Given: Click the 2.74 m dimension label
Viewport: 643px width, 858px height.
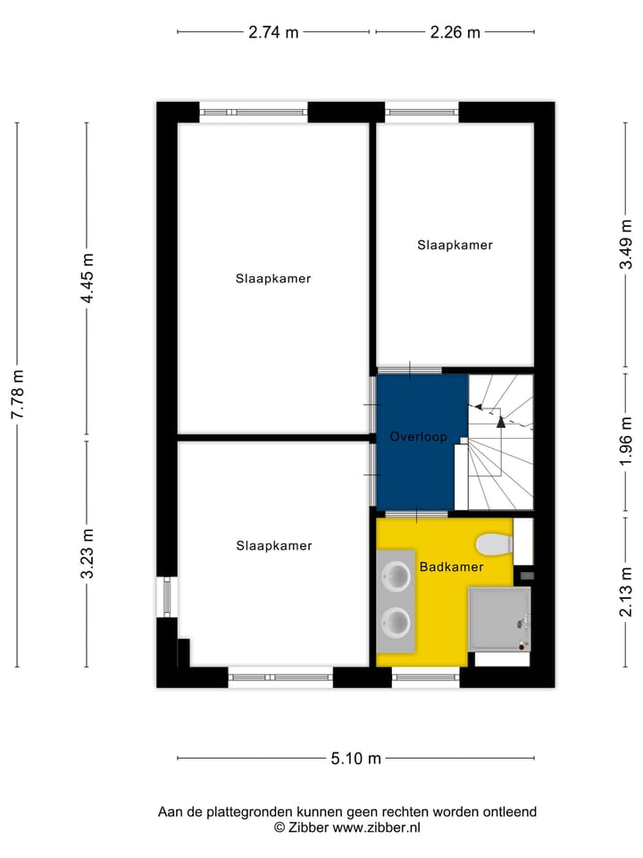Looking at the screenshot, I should coord(273,33).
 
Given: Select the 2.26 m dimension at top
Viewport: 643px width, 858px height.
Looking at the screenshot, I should coord(455,33).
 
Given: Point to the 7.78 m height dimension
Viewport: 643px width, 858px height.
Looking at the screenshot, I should coord(17,395).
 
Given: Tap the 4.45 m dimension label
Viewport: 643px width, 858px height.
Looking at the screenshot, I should coord(88,279).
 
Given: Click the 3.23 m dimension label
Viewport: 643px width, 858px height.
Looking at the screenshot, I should coord(88,554).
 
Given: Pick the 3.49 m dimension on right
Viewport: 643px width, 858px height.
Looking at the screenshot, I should coord(628,243).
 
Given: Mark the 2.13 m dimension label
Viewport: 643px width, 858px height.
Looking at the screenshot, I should coord(628,592).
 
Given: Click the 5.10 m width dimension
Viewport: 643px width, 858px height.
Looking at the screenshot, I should coord(355,759).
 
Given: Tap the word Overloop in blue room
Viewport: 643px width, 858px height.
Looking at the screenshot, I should coord(419,437).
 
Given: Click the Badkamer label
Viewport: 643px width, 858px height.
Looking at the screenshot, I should coord(452,567).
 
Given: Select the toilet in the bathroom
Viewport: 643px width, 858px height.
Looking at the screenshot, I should coord(493,543).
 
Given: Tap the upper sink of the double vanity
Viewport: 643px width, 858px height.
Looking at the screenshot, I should coord(396,576).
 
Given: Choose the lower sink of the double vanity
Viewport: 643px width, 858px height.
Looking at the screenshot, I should coord(396,619).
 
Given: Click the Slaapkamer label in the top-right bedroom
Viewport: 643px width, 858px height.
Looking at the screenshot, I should coord(455,244).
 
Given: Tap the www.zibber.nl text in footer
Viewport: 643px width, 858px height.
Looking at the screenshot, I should coord(376,828).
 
